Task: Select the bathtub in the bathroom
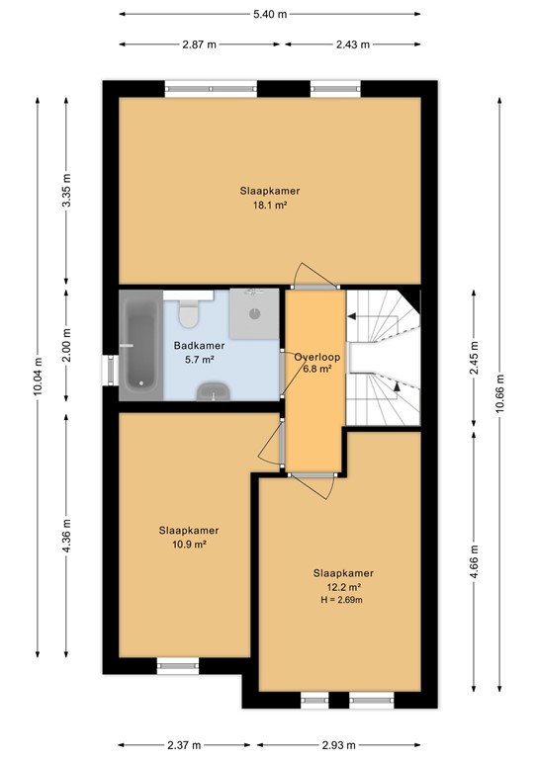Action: click(x=139, y=345)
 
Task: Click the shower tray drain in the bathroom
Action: click(x=255, y=313)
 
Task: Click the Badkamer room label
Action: click(x=199, y=346)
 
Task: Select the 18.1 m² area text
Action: click(x=269, y=206)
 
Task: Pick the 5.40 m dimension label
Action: click(x=269, y=15)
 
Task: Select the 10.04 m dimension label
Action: click(x=37, y=379)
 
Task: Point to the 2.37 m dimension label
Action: click(x=184, y=744)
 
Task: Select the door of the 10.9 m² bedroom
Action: click(x=270, y=440)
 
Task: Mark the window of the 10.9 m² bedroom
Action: click(x=178, y=667)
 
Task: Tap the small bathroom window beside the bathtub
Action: click(x=110, y=369)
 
